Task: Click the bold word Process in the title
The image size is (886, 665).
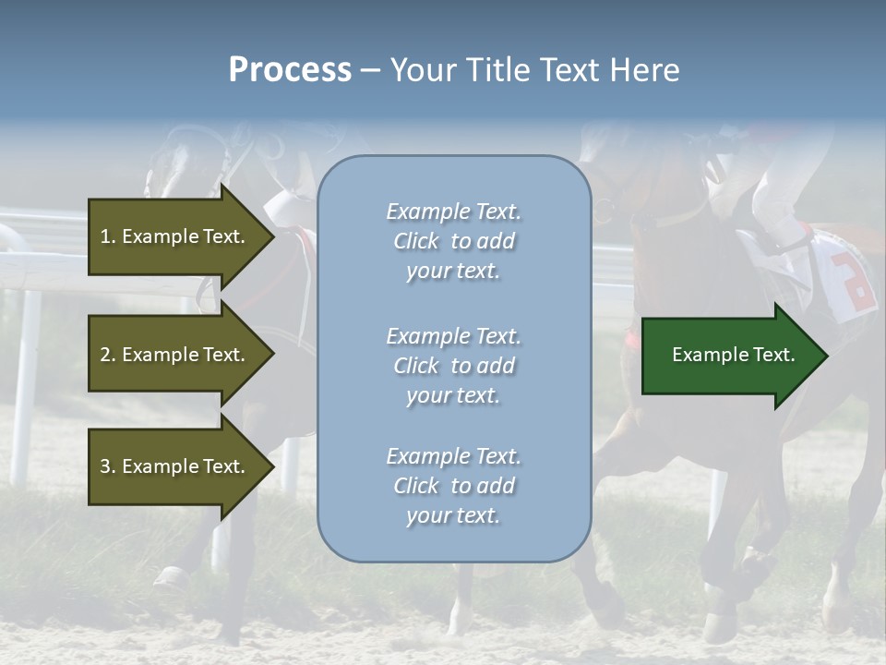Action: (x=290, y=70)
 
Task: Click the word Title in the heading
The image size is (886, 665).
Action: (x=499, y=70)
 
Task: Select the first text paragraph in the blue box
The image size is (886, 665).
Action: (x=453, y=241)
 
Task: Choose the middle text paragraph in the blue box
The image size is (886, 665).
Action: (x=453, y=366)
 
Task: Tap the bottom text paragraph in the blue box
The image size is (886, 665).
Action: (x=453, y=486)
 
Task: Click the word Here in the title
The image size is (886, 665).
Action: (x=645, y=70)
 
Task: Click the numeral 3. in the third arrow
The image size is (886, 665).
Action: (x=107, y=466)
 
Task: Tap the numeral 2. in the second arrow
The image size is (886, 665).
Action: (x=107, y=355)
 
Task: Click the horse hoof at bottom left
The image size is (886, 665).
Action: (x=172, y=579)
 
